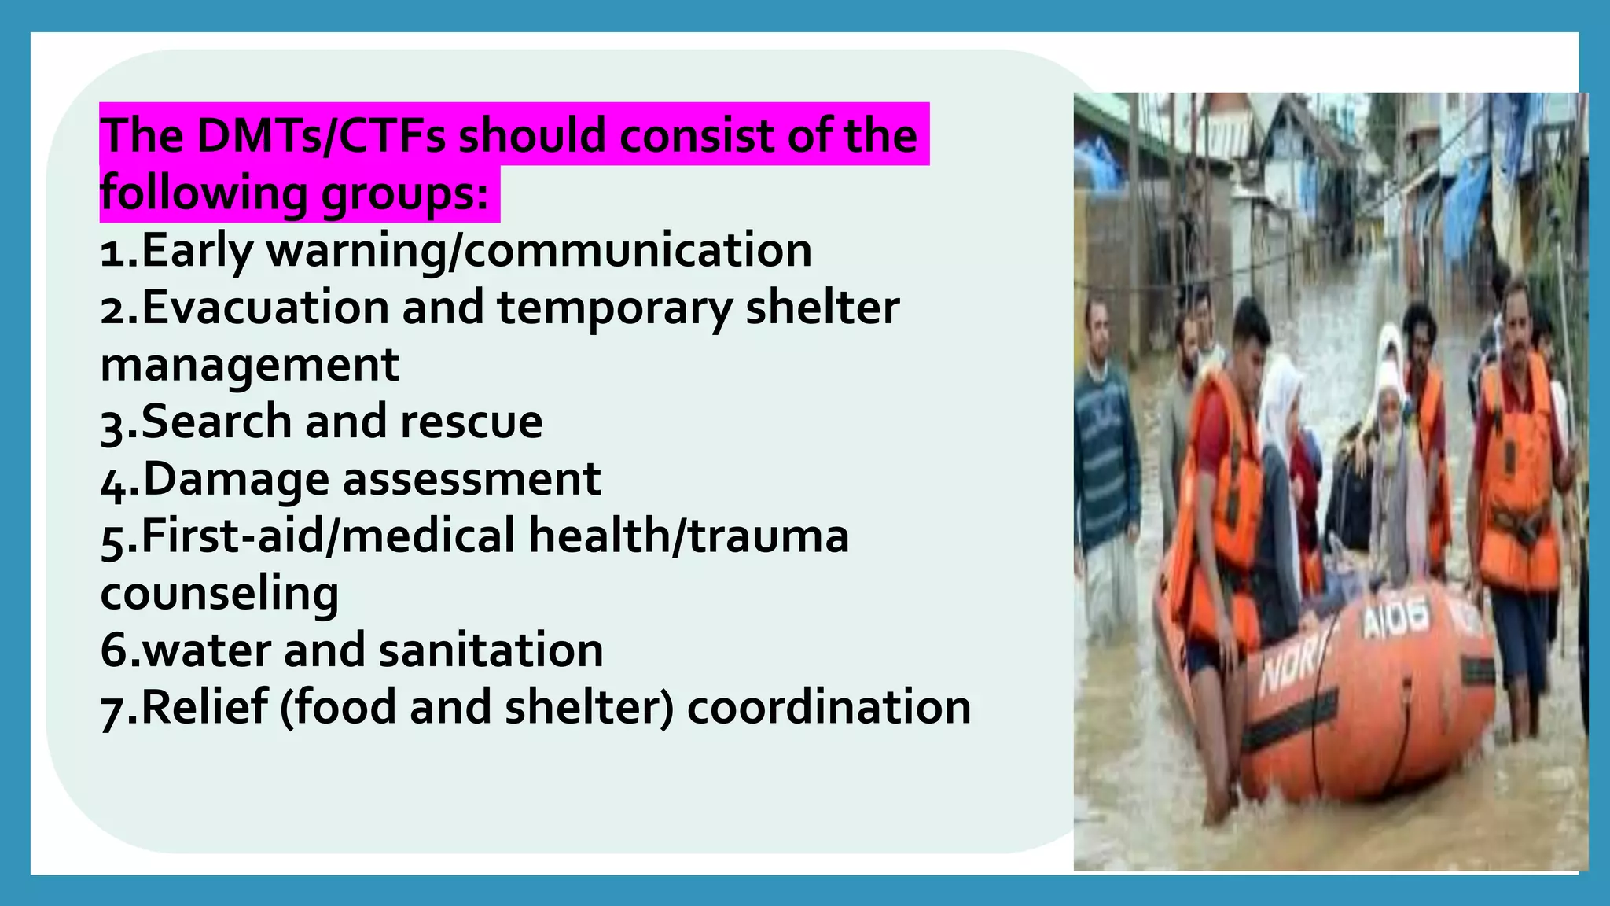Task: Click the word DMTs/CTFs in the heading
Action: pyautogui.click(x=321, y=135)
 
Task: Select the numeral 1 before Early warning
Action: pyautogui.click(x=111, y=252)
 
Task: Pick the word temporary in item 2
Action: pyautogui.click(x=614, y=308)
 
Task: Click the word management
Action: pyautogui.click(x=250, y=365)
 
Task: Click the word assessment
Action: pyautogui.click(x=472, y=479)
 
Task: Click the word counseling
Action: pyautogui.click(x=219, y=593)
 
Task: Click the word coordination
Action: pyautogui.click(x=829, y=707)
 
